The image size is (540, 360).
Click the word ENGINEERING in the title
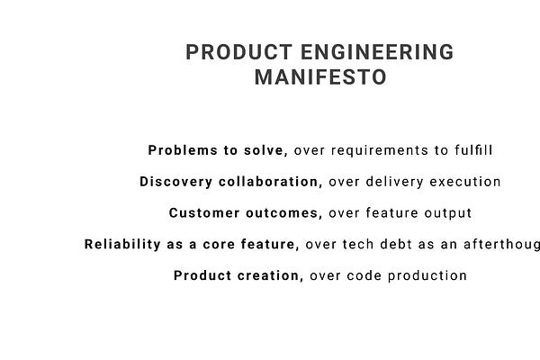[378, 52]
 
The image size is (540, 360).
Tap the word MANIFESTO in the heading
[320, 77]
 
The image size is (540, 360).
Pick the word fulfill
[473, 149]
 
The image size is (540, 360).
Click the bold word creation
[268, 275]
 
